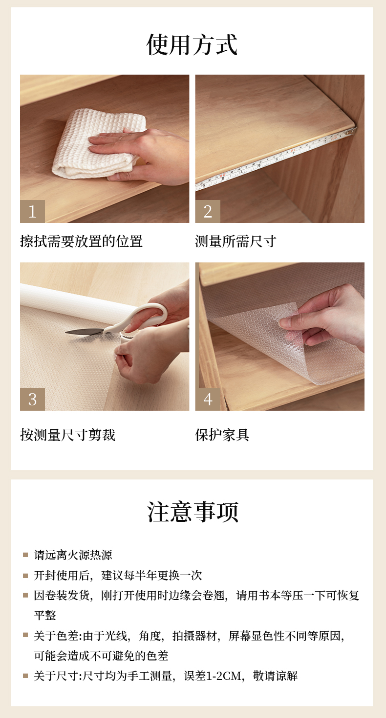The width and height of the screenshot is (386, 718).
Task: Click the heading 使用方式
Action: (x=192, y=44)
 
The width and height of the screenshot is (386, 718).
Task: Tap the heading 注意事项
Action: (x=193, y=512)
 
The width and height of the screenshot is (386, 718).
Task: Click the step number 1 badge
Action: (x=32, y=211)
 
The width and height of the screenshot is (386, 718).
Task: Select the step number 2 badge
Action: (x=208, y=211)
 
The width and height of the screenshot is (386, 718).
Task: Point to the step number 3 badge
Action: (x=32, y=399)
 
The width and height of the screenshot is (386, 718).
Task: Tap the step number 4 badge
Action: (x=208, y=399)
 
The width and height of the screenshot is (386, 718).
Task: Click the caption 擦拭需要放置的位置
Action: (x=81, y=241)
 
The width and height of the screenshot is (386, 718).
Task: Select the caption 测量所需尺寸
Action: (x=236, y=241)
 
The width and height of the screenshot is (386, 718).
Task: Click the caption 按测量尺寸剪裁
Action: (x=68, y=435)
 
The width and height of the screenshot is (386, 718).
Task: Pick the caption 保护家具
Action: (x=222, y=435)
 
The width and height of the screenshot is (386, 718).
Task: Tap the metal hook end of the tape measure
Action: (x=351, y=131)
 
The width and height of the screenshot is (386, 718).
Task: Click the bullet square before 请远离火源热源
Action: (x=26, y=555)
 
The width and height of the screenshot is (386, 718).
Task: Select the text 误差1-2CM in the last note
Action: (x=212, y=676)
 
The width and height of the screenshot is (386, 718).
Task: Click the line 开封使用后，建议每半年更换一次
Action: (x=118, y=575)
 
